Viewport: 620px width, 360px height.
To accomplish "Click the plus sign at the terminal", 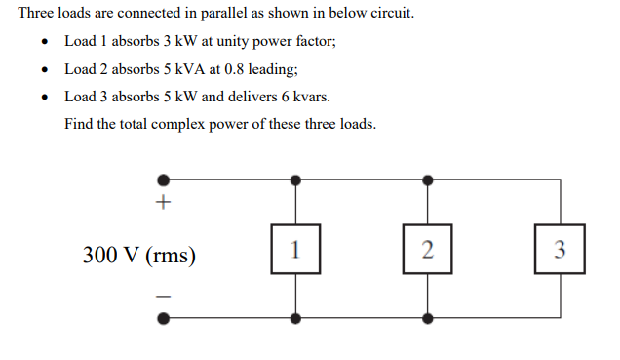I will (164, 204).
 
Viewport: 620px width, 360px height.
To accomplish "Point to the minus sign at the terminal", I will (164, 294).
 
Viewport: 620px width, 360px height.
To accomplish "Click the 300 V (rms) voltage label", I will (139, 256).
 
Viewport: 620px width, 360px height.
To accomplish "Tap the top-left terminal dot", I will (164, 180).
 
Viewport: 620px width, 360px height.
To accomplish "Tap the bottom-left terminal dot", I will (164, 317).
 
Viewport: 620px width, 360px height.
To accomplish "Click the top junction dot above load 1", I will (295, 180).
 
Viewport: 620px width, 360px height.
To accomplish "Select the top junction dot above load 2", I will (427, 180).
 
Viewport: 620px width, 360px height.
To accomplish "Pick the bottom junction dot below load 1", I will (295, 317).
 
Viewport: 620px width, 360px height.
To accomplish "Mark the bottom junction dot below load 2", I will (427, 317).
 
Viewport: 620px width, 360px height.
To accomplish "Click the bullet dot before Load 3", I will (45, 98).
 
